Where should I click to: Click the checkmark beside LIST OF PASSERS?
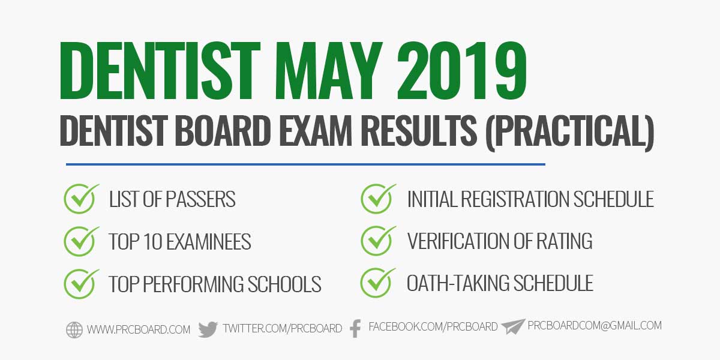click(82, 198)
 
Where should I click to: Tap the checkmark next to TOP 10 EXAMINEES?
click(82, 240)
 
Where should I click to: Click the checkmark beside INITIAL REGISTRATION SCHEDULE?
click(378, 198)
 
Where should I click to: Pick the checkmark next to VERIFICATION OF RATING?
click(378, 240)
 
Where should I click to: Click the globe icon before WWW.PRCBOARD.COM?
click(74, 329)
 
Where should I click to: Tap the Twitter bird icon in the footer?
click(208, 329)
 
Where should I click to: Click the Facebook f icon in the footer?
click(355, 328)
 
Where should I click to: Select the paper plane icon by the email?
click(513, 326)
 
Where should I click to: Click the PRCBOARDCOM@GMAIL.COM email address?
click(595, 326)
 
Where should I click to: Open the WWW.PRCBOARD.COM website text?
click(139, 329)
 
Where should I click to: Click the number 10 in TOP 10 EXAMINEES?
click(151, 241)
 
